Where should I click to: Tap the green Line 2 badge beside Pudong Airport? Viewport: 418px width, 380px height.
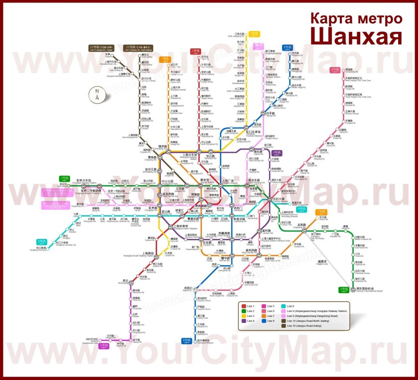point(342,290)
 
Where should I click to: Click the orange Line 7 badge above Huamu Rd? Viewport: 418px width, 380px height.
point(322,211)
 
